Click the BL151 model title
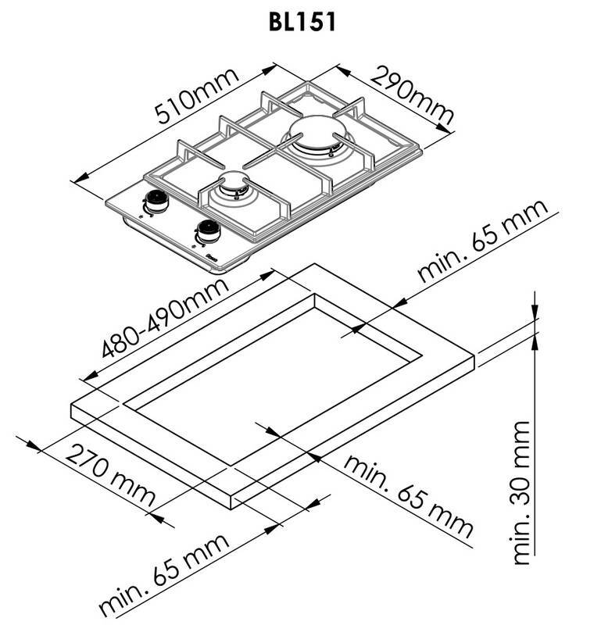tap(302, 23)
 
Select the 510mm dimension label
tap(197, 96)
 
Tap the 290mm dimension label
tap(413, 95)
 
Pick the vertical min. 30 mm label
tap(521, 492)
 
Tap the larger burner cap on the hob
tap(317, 134)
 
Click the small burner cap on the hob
tap(234, 181)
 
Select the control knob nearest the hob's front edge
tap(207, 230)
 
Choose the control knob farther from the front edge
tap(156, 201)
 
